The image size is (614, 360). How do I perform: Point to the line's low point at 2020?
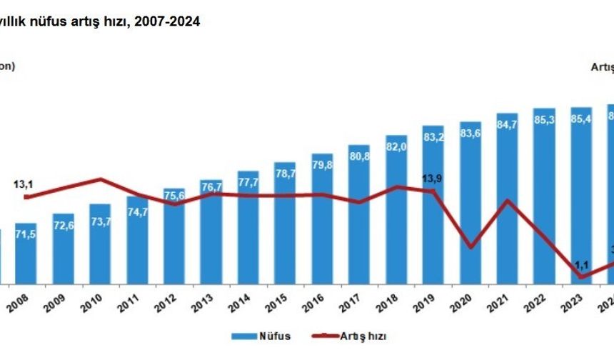(x=470, y=247)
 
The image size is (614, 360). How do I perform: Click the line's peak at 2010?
(x=101, y=179)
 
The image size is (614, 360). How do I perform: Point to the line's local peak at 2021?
(x=508, y=200)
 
